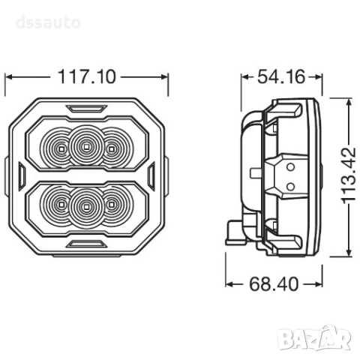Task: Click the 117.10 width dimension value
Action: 88,76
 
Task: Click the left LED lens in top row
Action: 59,144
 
